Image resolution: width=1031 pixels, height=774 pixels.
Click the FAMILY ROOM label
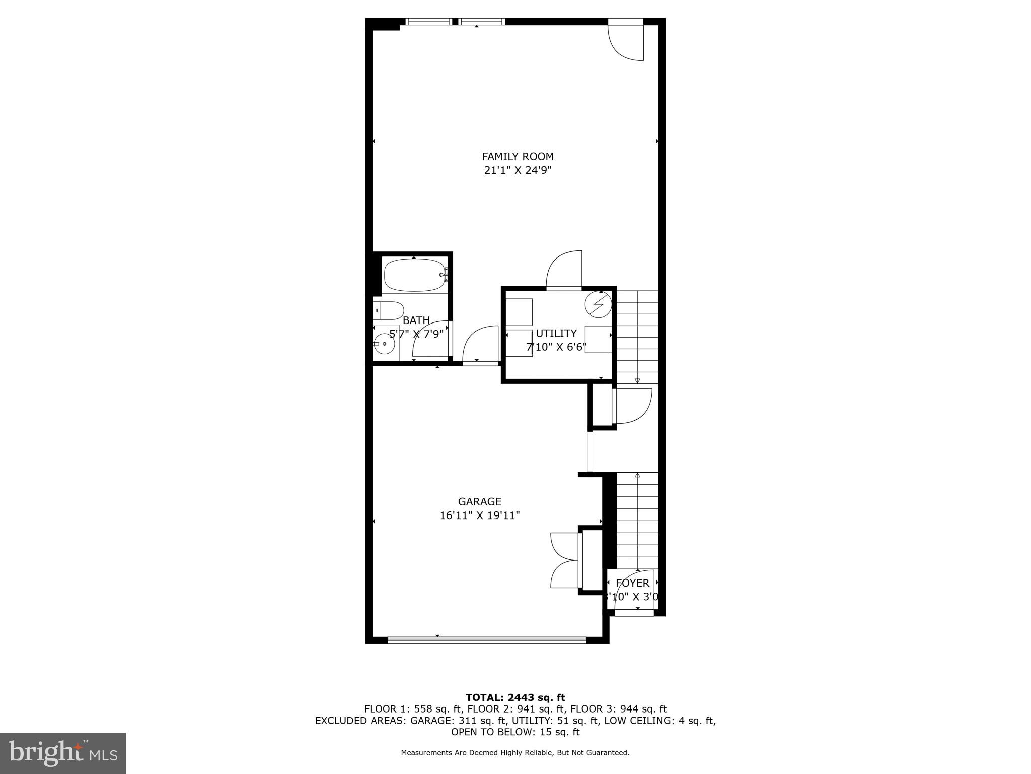[x=518, y=157]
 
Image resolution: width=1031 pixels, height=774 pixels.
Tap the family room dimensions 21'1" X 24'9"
[x=518, y=170]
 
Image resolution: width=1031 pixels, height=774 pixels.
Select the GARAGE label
[x=479, y=502]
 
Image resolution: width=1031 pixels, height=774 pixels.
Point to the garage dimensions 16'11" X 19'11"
[x=479, y=515]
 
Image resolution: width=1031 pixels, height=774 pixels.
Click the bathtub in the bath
[x=414, y=275]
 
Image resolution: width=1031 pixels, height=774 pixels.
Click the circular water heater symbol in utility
[x=598, y=304]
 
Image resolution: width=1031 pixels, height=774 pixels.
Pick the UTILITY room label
[x=556, y=334]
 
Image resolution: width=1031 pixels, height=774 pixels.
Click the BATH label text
[x=416, y=320]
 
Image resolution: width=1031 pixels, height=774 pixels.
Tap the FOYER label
[x=632, y=583]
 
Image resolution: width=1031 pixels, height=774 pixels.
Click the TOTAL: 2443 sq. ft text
[x=515, y=698]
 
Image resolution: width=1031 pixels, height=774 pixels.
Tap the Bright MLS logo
[x=63, y=753]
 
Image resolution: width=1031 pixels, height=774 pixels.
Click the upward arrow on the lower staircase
[x=637, y=476]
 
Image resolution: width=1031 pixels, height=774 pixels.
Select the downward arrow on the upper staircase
[x=637, y=380]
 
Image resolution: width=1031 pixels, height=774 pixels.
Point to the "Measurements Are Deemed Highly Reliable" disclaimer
[x=515, y=753]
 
